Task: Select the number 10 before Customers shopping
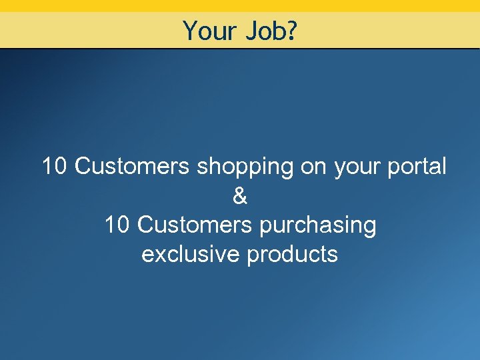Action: click(55, 167)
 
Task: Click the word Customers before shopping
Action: click(132, 167)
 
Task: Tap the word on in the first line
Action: click(313, 167)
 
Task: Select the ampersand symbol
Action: click(240, 196)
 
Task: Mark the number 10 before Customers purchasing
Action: click(117, 225)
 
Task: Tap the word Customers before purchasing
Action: click(194, 225)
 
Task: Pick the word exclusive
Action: click(190, 255)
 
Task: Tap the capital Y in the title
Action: click(189, 31)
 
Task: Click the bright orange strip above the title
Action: click(240, 5)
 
